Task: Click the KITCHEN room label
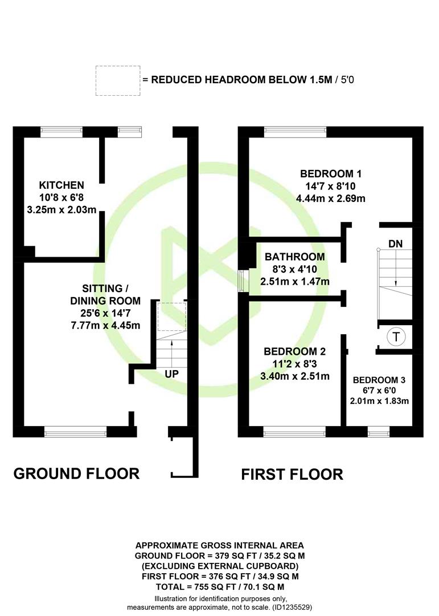click(x=61, y=185)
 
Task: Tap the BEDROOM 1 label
click(x=331, y=173)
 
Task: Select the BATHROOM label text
click(x=294, y=257)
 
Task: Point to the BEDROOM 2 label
click(x=294, y=351)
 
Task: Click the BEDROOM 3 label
click(x=379, y=380)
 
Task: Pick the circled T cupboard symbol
click(x=396, y=337)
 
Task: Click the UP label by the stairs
click(x=171, y=374)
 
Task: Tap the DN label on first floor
click(x=396, y=244)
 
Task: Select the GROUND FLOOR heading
click(x=76, y=474)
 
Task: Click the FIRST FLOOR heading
click(x=292, y=475)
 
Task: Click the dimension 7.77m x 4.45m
click(x=105, y=326)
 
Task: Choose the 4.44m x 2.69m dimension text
click(x=331, y=198)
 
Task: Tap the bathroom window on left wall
click(x=244, y=281)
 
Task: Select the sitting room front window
click(x=75, y=432)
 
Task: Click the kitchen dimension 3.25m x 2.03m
click(x=61, y=210)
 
